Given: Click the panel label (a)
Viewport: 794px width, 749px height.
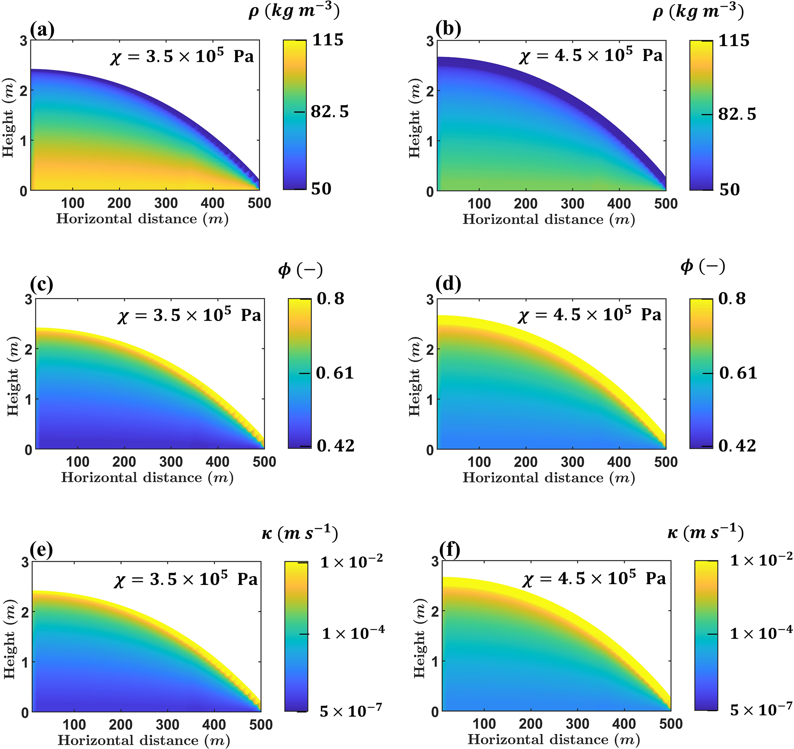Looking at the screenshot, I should pyautogui.click(x=42, y=30).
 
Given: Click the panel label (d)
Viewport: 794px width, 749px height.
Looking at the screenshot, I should pyautogui.click(x=448, y=284).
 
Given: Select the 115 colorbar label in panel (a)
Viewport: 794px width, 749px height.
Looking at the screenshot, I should pyautogui.click(x=328, y=40).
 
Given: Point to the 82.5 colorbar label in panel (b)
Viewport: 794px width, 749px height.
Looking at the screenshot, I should pyautogui.click(x=737, y=114).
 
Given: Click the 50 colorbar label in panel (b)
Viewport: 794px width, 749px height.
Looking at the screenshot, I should pyautogui.click(x=729, y=189).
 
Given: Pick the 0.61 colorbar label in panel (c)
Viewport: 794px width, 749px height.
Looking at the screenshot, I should pyautogui.click(x=335, y=373).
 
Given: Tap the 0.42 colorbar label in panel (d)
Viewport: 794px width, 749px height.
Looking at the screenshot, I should pyautogui.click(x=737, y=446).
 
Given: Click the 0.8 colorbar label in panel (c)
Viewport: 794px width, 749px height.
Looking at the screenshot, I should pyautogui.click(x=330, y=299).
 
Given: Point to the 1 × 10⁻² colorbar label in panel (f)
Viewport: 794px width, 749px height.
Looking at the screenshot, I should pyautogui.click(x=761, y=561).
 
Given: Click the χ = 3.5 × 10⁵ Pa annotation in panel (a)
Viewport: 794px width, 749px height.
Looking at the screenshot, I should pyautogui.click(x=182, y=56).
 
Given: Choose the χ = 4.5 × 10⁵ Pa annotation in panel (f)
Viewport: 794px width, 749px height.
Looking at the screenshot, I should pyautogui.click(x=594, y=578).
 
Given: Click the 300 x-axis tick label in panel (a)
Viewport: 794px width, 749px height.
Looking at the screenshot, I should pyautogui.click(x=166, y=203).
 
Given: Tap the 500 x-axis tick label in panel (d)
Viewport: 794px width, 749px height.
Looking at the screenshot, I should pyautogui.click(x=666, y=462).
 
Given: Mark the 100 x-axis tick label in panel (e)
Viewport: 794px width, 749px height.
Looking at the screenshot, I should pyautogui.click(x=74, y=724).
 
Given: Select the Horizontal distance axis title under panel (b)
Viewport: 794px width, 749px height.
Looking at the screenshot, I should pyautogui.click(x=549, y=219).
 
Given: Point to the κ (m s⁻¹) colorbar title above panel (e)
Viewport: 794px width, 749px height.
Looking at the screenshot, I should pyautogui.click(x=300, y=533).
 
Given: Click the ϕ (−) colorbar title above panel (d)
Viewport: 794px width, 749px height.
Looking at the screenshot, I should pyautogui.click(x=703, y=267).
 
